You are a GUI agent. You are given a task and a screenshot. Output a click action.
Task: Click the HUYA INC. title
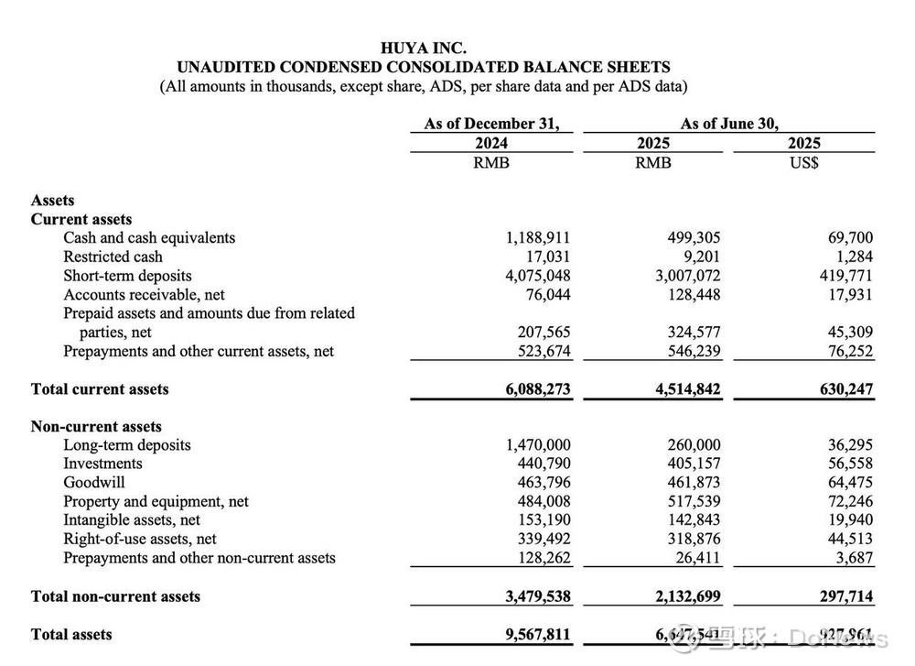[x=423, y=48]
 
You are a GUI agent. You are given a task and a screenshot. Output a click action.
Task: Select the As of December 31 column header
[x=491, y=124]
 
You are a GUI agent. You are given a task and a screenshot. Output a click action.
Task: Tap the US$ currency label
[x=803, y=162]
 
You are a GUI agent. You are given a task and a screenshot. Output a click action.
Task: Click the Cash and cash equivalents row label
[x=149, y=238]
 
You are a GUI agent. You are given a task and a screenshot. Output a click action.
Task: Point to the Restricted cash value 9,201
[x=697, y=257]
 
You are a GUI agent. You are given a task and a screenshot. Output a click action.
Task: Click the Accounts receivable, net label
[x=144, y=295]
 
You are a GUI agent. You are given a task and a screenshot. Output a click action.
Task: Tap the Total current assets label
[x=100, y=389]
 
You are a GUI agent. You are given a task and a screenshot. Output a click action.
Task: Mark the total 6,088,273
[x=538, y=389]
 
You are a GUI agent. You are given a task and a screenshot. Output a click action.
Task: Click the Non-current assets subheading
[x=96, y=427]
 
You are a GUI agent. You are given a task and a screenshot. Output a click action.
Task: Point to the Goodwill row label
[x=94, y=483]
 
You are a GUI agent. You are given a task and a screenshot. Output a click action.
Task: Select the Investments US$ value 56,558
[x=847, y=464]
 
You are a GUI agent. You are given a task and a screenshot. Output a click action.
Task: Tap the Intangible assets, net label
[x=132, y=520]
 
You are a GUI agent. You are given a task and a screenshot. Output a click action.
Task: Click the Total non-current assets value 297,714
[x=842, y=596]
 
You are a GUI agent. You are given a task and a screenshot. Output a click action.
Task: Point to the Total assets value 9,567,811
[x=538, y=635]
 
